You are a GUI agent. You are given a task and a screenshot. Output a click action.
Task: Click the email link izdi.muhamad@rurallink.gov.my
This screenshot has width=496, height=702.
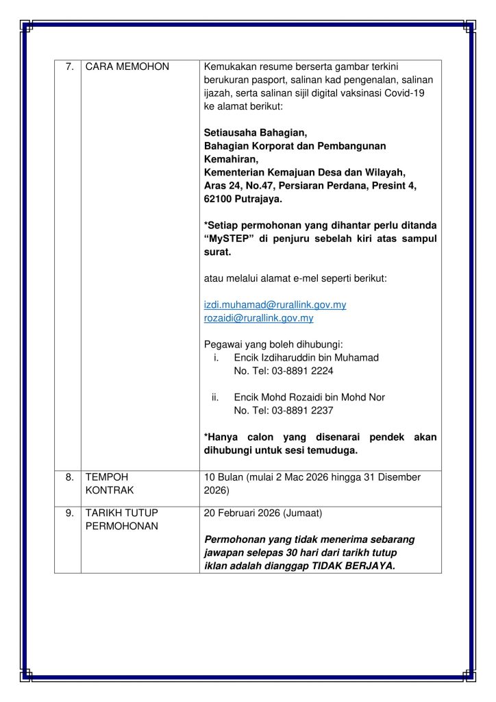point(275,304)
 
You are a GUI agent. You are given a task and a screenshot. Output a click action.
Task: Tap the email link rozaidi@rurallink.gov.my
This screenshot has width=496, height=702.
point(259,318)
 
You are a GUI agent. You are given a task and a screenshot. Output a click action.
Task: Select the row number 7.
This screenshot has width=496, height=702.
point(69,67)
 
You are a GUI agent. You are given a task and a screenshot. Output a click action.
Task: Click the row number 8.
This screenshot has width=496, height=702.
point(69,477)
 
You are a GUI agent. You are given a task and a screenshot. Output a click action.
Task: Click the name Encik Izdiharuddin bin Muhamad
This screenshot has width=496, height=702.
point(306,358)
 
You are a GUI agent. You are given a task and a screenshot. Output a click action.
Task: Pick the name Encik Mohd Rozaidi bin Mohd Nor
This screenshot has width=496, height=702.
point(310,397)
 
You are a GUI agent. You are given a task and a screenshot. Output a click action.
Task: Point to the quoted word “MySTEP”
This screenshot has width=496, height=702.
point(232,239)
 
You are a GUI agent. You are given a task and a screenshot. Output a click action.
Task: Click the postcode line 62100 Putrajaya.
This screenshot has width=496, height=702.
point(243,199)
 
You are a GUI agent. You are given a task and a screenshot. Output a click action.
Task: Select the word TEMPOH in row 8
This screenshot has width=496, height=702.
point(106,477)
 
